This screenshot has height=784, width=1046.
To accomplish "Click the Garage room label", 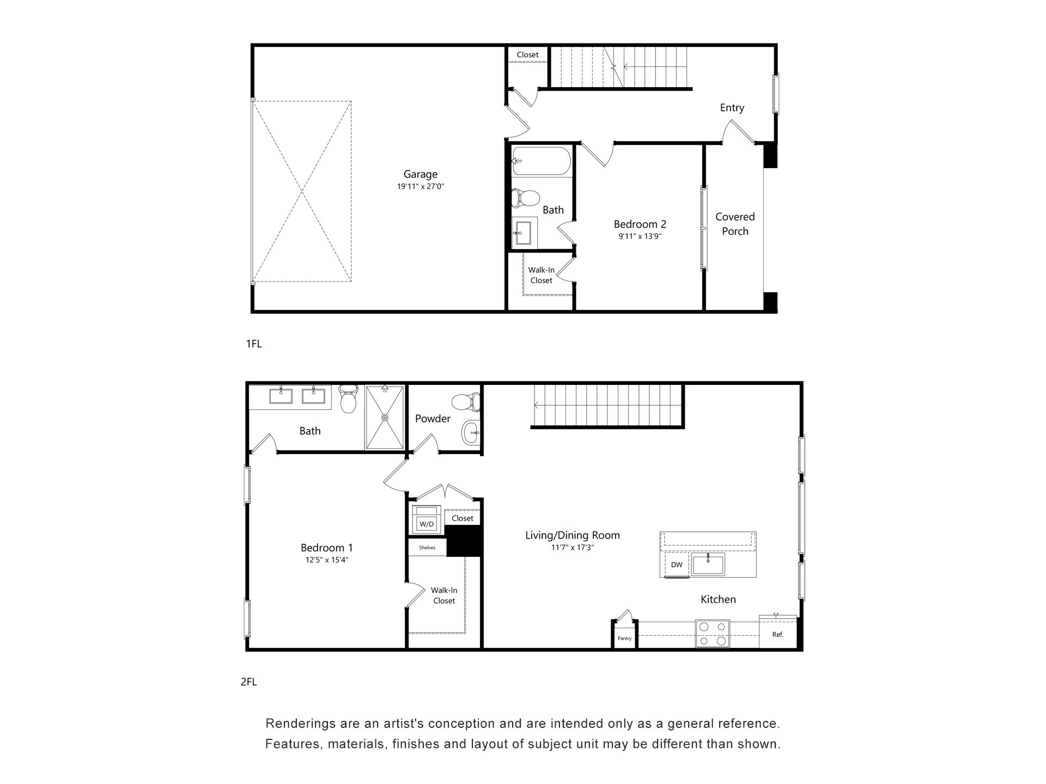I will [x=420, y=174].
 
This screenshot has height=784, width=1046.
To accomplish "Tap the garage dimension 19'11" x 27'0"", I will [x=420, y=187].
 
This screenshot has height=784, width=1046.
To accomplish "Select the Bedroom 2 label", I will [x=640, y=224].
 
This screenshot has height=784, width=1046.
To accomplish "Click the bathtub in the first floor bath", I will [x=541, y=161].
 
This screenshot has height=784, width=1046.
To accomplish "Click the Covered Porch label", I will [x=735, y=224].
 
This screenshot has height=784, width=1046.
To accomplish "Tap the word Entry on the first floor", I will [x=732, y=108].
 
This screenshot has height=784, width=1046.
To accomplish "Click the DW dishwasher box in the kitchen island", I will [x=677, y=565].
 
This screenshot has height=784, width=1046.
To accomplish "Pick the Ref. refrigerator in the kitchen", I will [x=778, y=634].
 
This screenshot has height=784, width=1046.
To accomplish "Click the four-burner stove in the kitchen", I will [x=713, y=634].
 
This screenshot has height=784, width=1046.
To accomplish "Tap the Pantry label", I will [x=624, y=638].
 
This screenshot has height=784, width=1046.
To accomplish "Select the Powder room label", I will [x=433, y=419].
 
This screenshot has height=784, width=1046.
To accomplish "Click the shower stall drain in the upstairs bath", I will [x=385, y=418].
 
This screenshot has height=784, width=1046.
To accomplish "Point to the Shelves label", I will [x=427, y=548].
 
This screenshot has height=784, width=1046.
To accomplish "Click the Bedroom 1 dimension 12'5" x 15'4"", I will [x=326, y=560].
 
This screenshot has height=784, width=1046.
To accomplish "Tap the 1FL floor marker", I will [x=254, y=344].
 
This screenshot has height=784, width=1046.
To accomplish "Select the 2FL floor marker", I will [x=248, y=682].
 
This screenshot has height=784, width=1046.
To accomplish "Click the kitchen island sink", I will [x=708, y=565].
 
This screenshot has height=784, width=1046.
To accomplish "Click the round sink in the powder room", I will [x=470, y=433].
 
